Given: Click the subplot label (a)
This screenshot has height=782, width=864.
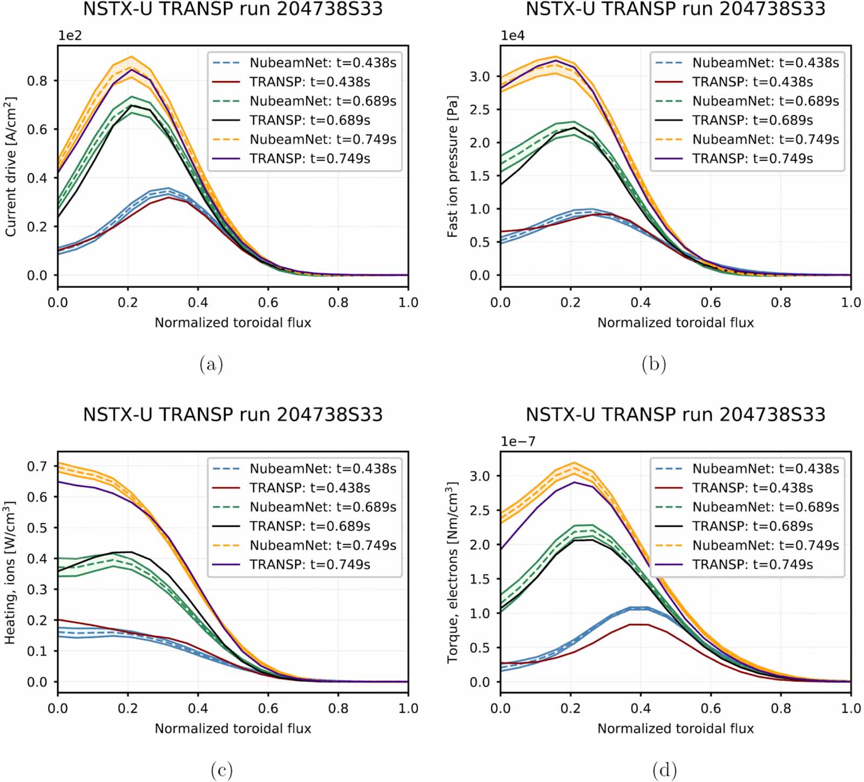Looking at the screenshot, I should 211,364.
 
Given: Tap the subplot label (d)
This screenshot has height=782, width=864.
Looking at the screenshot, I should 664,770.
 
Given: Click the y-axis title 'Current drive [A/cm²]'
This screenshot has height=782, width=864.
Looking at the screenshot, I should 11,167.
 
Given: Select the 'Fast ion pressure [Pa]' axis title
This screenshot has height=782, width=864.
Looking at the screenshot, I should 453,167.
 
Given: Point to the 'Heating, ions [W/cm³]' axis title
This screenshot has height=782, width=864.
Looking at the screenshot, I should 10,573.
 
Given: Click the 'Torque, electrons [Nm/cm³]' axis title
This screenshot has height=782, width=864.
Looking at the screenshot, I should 453,573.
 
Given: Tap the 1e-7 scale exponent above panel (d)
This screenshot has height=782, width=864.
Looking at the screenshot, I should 518,441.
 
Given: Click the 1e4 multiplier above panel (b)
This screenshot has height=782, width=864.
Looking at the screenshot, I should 512,36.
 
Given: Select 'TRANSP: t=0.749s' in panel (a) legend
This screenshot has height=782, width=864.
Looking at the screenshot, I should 309,159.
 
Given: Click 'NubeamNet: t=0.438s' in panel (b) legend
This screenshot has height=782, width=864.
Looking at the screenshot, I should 765,63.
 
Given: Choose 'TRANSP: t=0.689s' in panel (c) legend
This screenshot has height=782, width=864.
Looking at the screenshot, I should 309,526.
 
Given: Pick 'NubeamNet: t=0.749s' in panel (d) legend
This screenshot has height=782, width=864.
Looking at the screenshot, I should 765,546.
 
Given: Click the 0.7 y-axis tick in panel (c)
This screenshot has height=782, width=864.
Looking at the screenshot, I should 37,466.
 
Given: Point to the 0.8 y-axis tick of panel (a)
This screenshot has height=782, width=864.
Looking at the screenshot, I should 37,80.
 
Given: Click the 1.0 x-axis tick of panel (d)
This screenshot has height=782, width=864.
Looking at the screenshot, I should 850,708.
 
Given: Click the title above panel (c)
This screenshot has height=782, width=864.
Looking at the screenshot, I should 233,414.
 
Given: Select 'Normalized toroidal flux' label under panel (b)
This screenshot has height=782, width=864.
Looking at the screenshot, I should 675,323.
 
